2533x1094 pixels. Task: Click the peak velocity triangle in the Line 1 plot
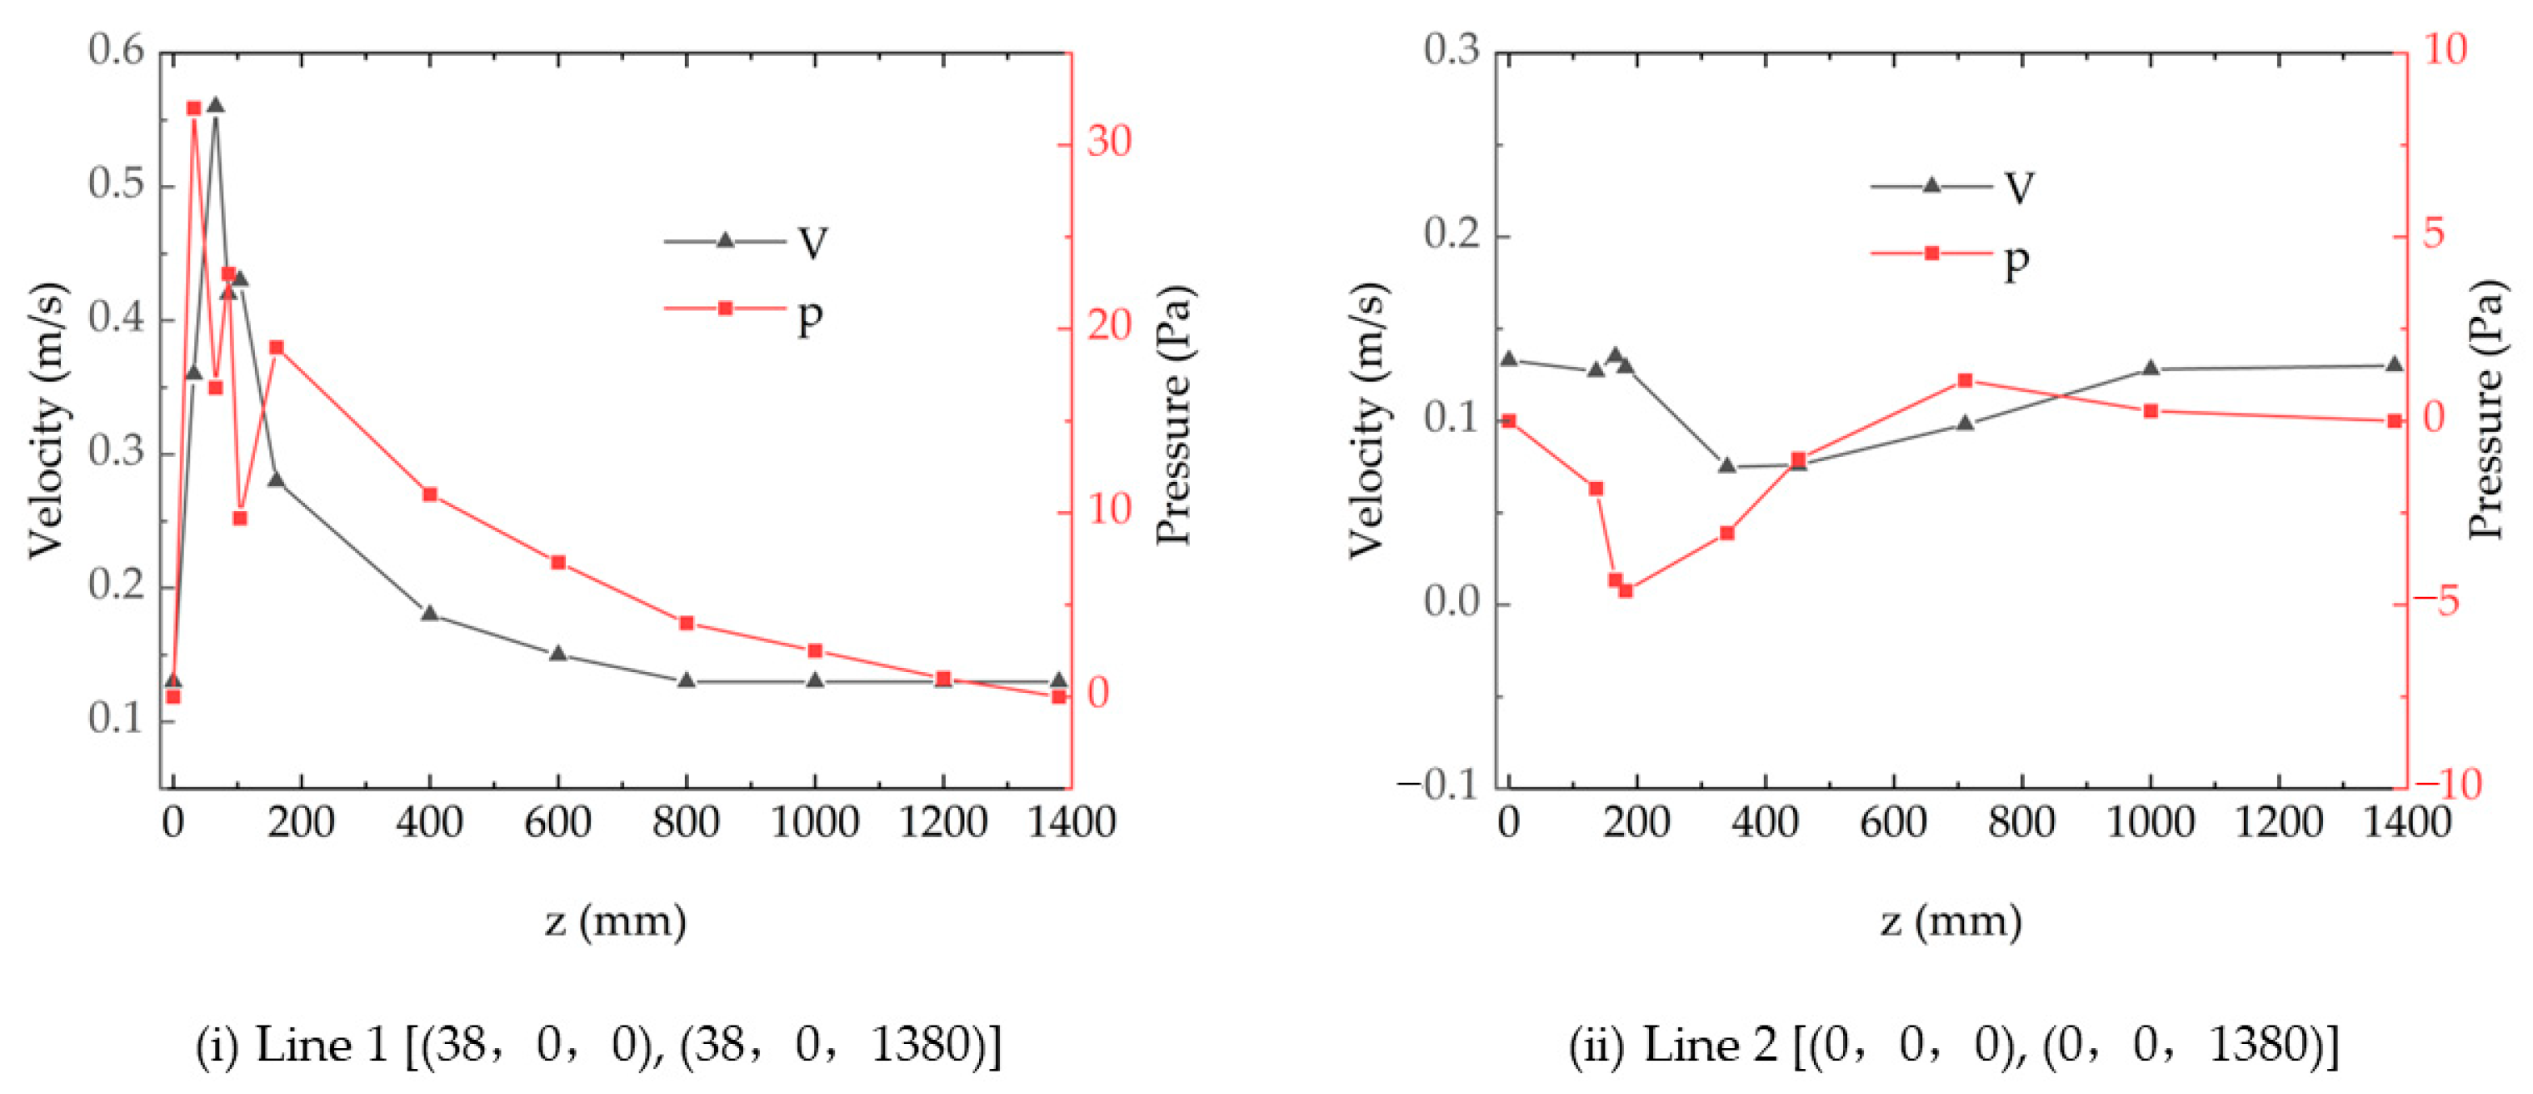215,105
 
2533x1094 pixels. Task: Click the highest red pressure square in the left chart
193,108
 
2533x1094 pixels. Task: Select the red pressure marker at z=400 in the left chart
430,494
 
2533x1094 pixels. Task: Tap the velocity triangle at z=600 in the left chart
558,653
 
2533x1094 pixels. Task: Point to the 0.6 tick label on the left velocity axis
115,51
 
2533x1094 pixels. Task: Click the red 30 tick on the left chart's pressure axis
1109,143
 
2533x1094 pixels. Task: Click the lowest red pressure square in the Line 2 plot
1626,590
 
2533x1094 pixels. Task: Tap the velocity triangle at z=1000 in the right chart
2151,368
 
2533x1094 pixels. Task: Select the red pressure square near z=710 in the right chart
1965,381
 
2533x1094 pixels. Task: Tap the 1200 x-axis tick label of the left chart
943,822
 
